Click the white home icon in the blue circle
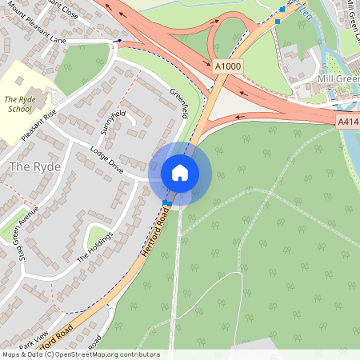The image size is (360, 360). point(179,173)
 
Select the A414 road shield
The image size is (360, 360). point(347,121)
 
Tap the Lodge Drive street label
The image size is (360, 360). point(106,159)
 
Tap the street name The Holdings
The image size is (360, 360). point(95,247)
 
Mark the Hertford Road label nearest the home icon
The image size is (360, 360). point(157,230)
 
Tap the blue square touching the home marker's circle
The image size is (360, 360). point(166,202)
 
